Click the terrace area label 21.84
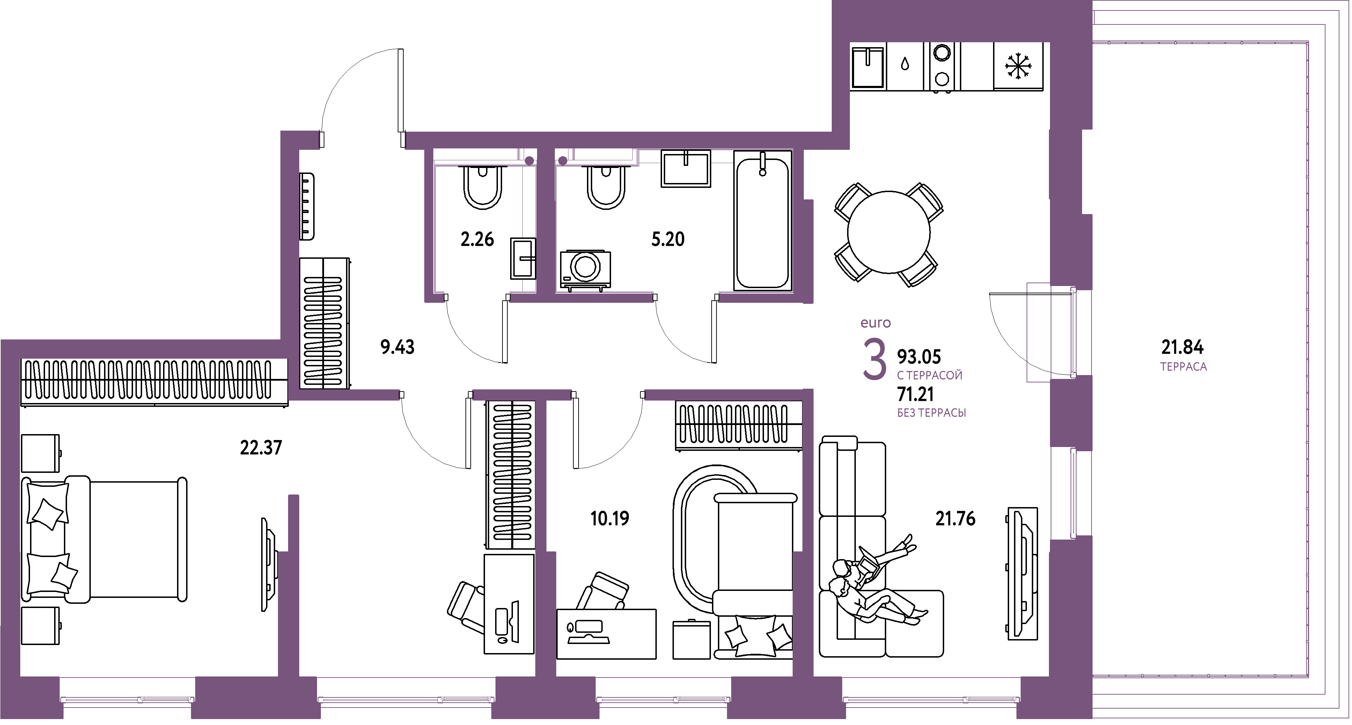pyautogui.click(x=1182, y=347)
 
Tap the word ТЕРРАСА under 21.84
pyautogui.click(x=1184, y=367)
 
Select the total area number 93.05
pyautogui.click(x=919, y=357)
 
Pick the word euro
pyautogui.click(x=875, y=323)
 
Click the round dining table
pyautogui.click(x=889, y=232)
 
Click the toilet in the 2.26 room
pyautogui.click(x=482, y=187)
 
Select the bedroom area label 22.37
pyautogui.click(x=261, y=448)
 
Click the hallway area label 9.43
pyautogui.click(x=397, y=347)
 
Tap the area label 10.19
pyautogui.click(x=609, y=519)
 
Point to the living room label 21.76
pyautogui.click(x=955, y=519)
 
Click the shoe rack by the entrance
pyautogui.click(x=307, y=207)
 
